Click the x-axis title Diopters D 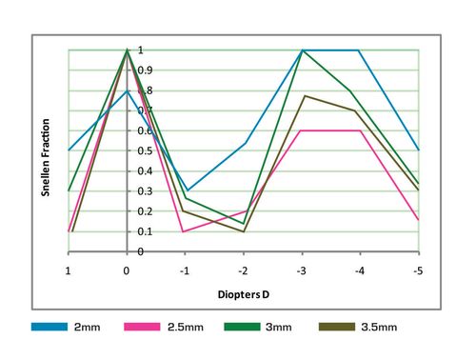tap(244, 293)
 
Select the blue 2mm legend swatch tap(49, 327)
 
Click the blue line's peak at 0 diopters tap(127, 90)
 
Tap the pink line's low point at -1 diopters tap(185, 231)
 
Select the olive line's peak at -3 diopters tap(302, 95)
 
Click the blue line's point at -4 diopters tap(360, 50)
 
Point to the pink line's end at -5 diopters tap(418, 220)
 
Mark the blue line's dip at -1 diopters tap(185, 190)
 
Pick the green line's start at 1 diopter tap(69, 190)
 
